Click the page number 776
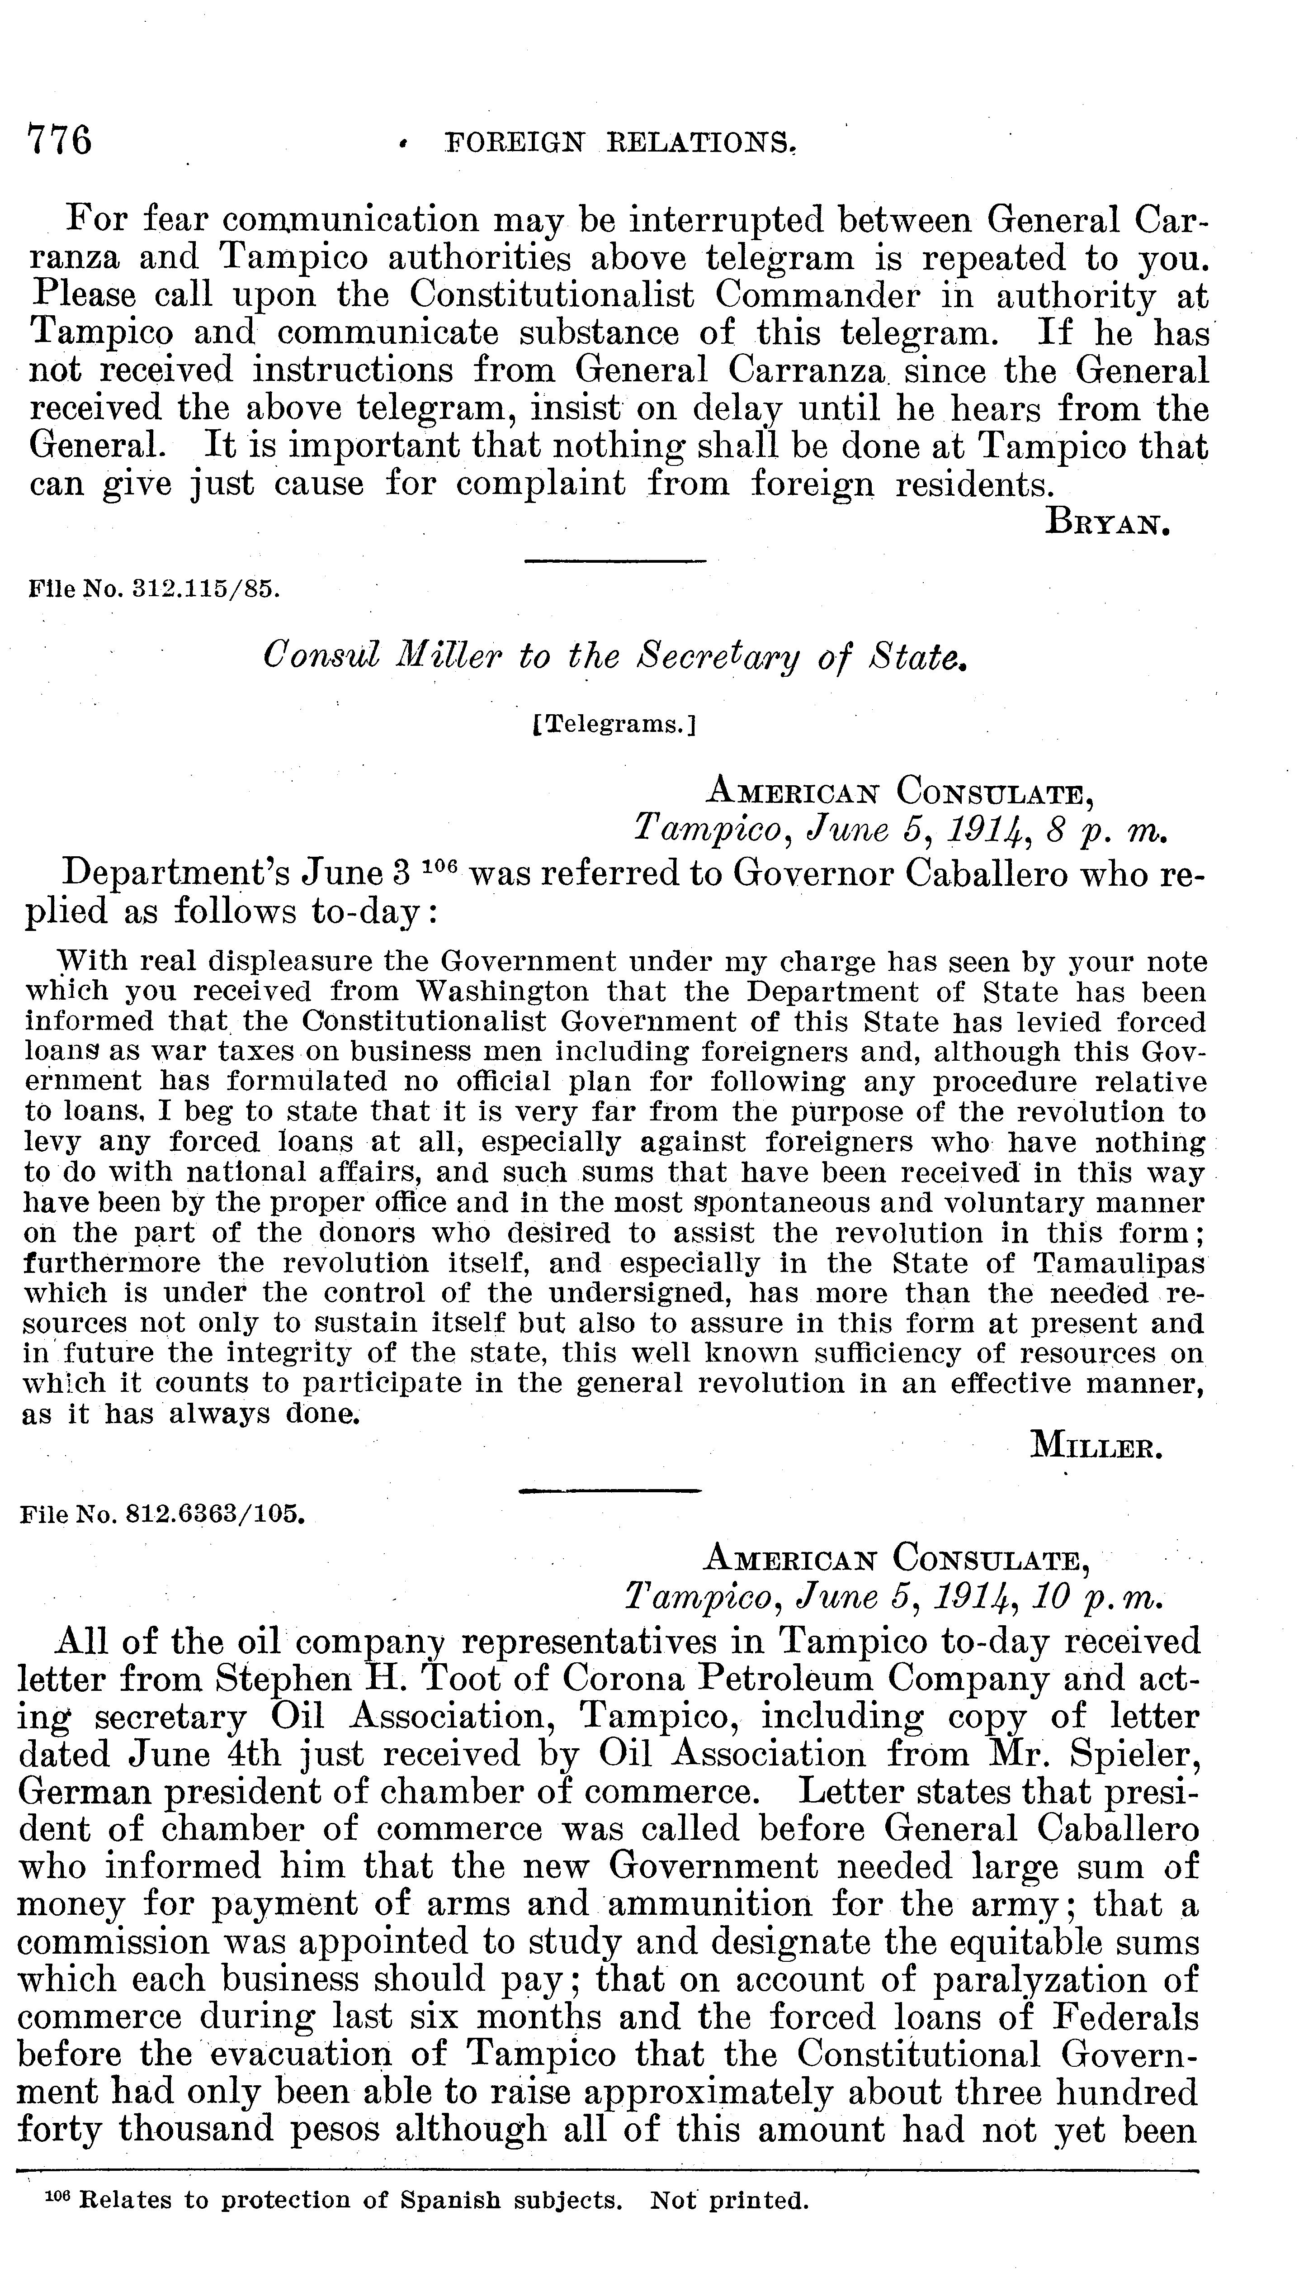(60, 141)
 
